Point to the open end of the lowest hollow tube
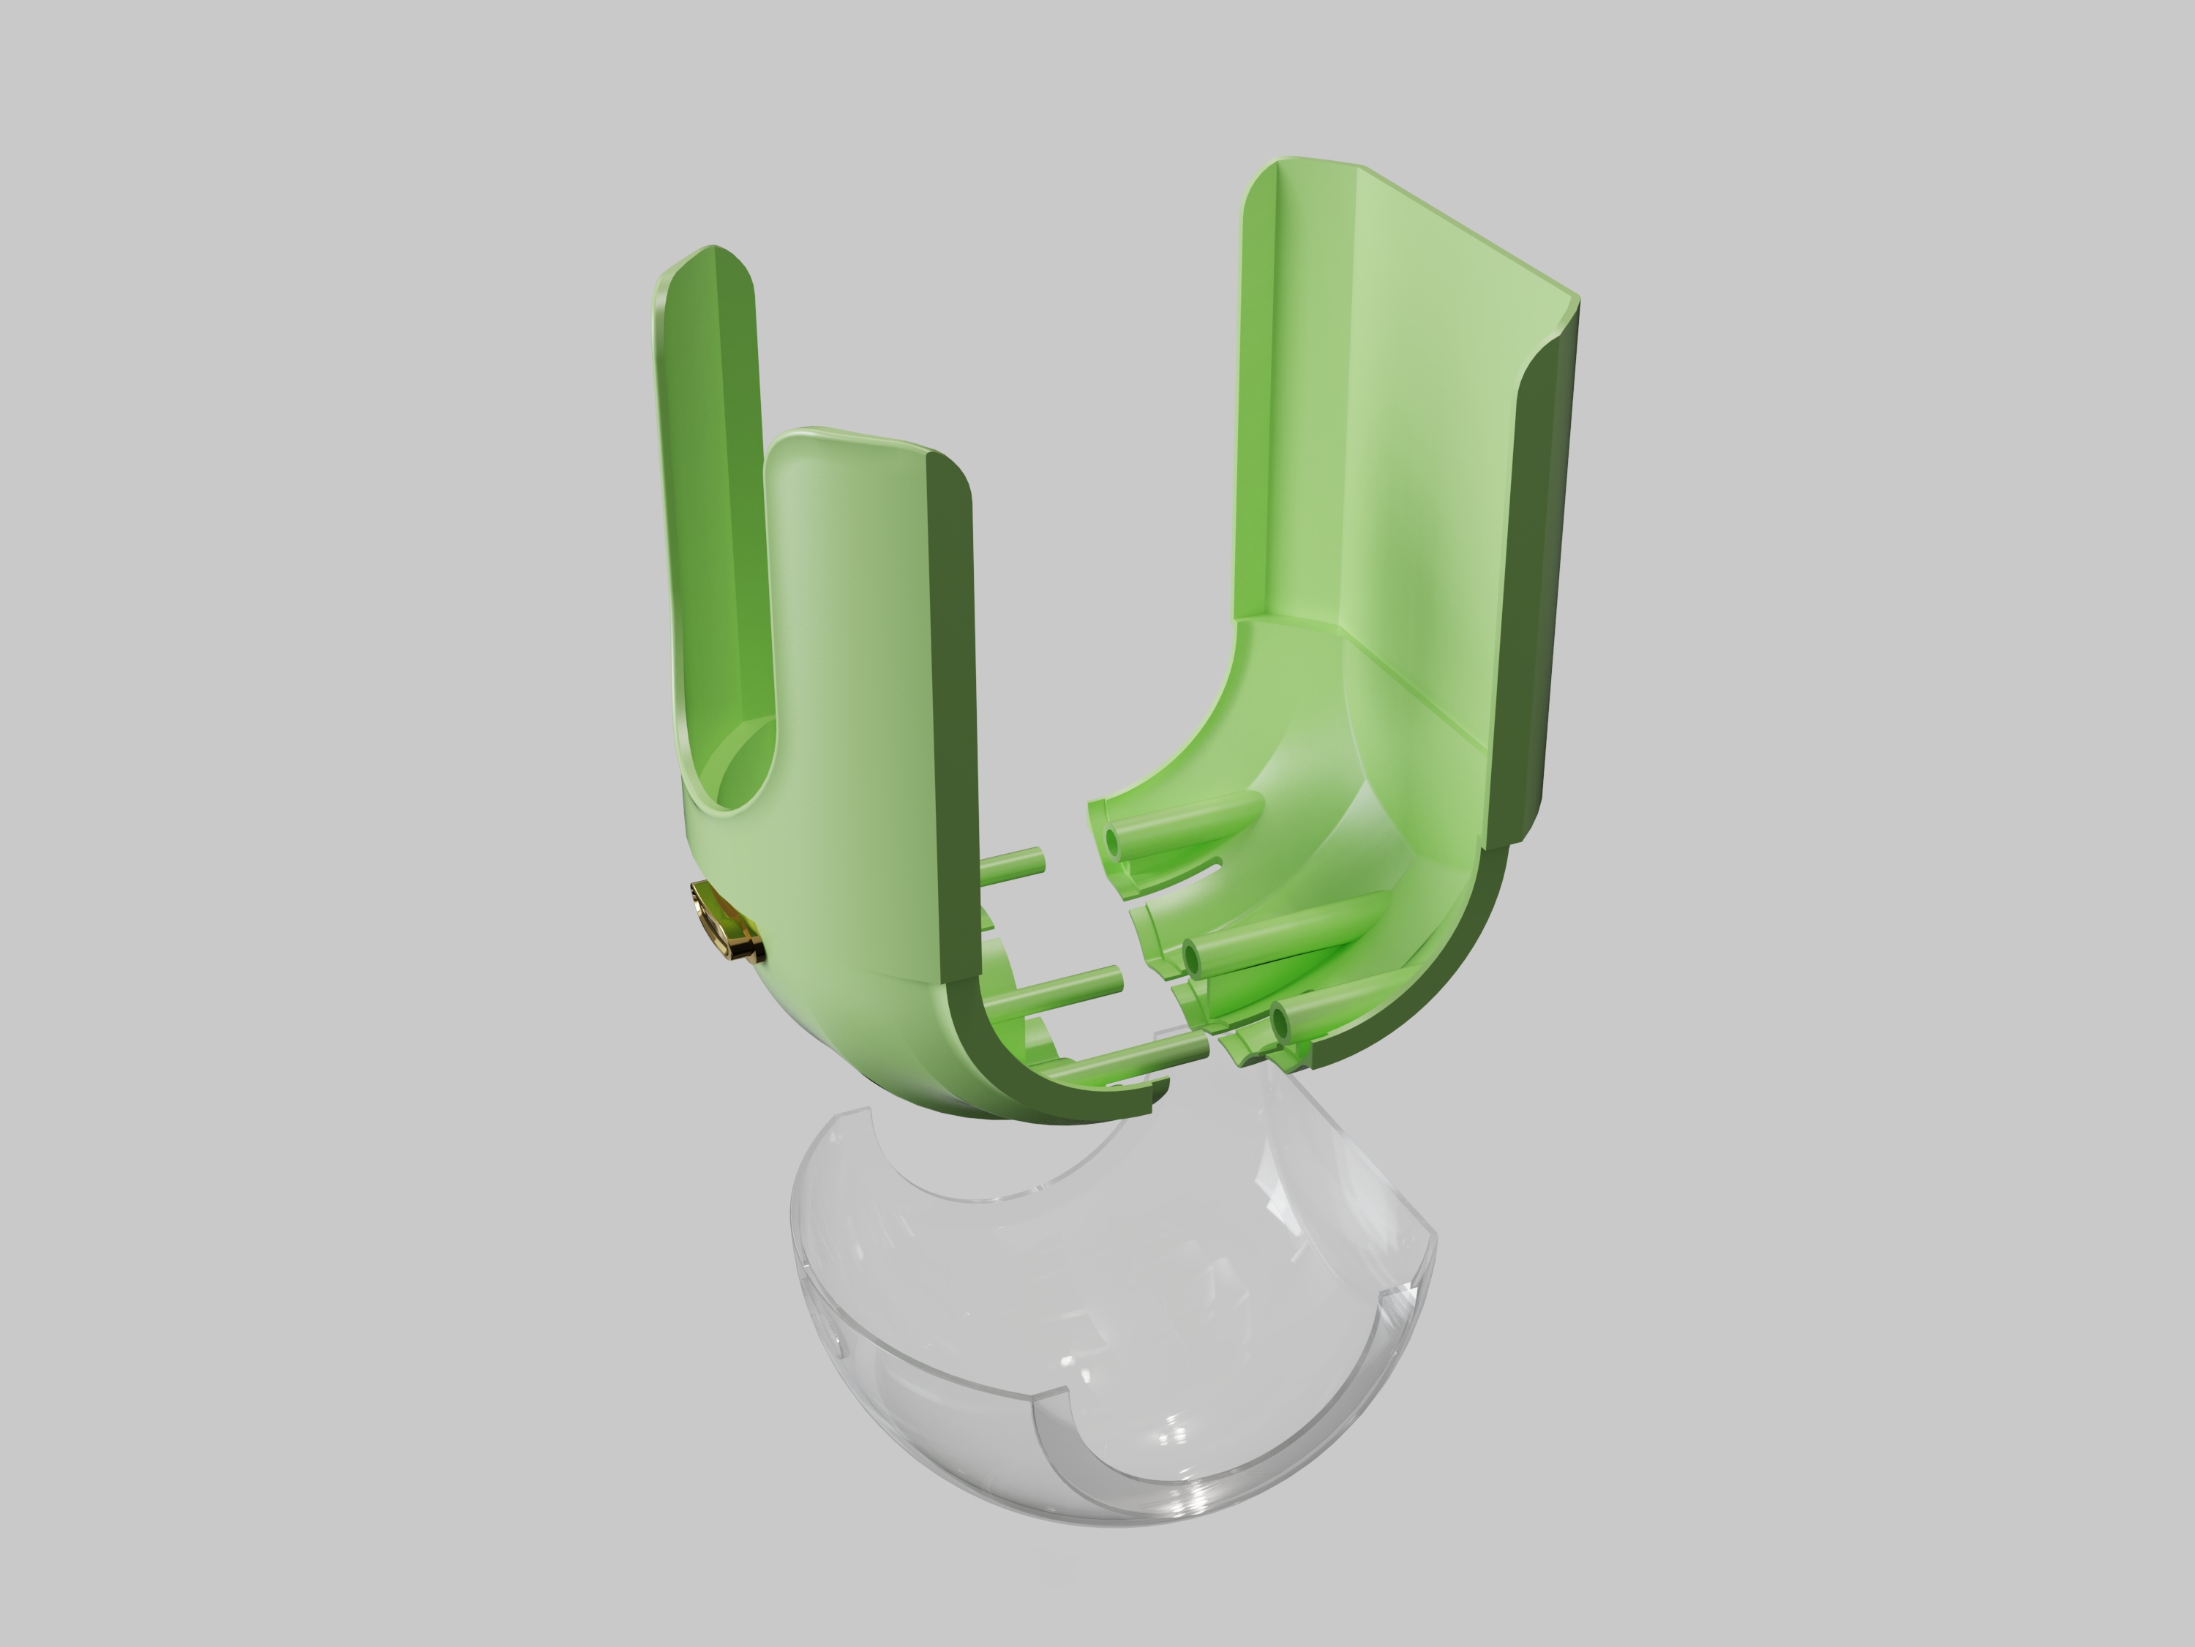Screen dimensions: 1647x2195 tap(1280, 1018)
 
